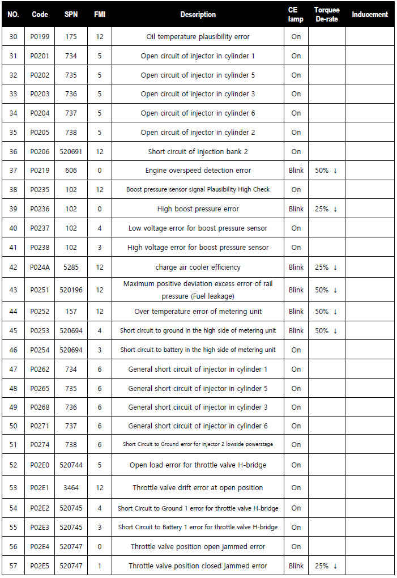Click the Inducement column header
[370, 15]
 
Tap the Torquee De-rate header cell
[326, 15]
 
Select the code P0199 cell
[40, 37]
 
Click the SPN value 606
[71, 171]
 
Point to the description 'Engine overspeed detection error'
[198, 171]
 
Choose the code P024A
[40, 267]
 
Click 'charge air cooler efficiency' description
[198, 267]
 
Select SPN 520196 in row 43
[71, 290]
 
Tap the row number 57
[14, 566]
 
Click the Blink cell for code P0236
[296, 209]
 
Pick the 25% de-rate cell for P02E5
[326, 566]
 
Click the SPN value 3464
[71, 488]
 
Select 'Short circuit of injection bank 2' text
[198, 152]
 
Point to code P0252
[40, 312]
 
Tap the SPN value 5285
[71, 267]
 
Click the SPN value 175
[71, 37]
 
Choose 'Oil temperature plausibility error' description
[198, 37]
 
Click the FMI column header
[100, 15]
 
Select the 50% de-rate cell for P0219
[326, 171]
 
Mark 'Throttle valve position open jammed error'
[198, 547]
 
